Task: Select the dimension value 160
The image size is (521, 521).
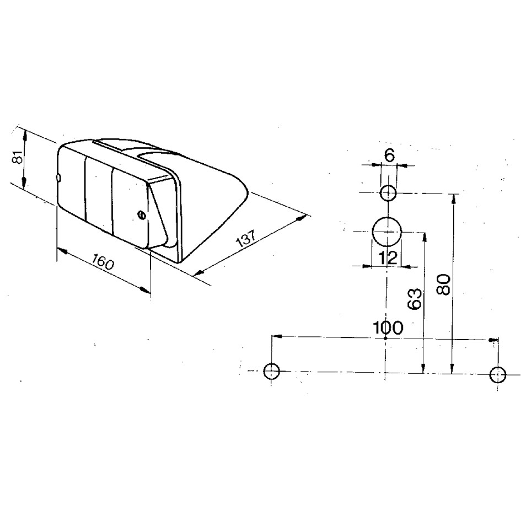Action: pos(103,261)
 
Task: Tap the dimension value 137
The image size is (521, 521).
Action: pos(245,238)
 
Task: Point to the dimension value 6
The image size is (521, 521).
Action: pos(390,154)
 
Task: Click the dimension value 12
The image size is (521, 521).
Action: pos(388,257)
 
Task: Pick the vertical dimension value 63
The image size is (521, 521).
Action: pos(415,299)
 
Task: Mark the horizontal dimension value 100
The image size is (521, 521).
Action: pos(388,327)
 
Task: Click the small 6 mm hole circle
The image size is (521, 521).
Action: pos(388,193)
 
